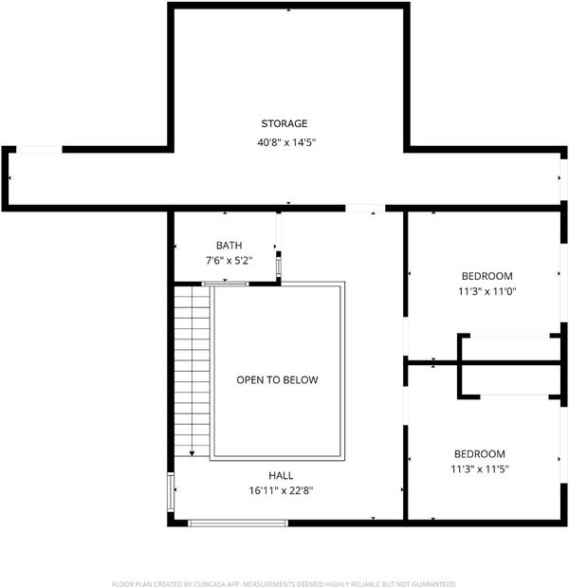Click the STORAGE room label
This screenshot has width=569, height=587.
tap(284, 123)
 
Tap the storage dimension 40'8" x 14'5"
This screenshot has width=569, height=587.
tap(286, 142)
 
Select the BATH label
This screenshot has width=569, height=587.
tap(229, 246)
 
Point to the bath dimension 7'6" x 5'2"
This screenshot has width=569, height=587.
tap(229, 261)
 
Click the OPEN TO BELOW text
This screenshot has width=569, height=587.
tap(277, 380)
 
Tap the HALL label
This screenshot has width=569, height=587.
tap(281, 475)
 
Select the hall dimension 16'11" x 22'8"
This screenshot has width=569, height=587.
tap(281, 490)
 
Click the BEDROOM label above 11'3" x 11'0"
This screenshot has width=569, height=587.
tap(487, 276)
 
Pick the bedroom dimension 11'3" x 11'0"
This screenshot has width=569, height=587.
tap(487, 291)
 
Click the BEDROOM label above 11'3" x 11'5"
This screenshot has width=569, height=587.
tap(480, 454)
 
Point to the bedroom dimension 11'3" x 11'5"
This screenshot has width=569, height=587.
tap(480, 469)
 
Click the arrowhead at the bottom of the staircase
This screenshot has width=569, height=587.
tap(192, 453)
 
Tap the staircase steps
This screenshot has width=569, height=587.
tap(192, 372)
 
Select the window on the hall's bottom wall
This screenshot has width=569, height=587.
tap(238, 523)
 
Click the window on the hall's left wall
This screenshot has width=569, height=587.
tap(171, 492)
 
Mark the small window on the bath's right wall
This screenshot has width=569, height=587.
tap(279, 266)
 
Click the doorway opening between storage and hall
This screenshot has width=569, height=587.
tap(365, 208)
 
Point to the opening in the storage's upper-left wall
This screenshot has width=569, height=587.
tap(39, 150)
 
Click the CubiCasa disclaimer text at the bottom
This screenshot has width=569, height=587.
tap(284, 583)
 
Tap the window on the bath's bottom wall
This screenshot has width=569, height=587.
tap(225, 284)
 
